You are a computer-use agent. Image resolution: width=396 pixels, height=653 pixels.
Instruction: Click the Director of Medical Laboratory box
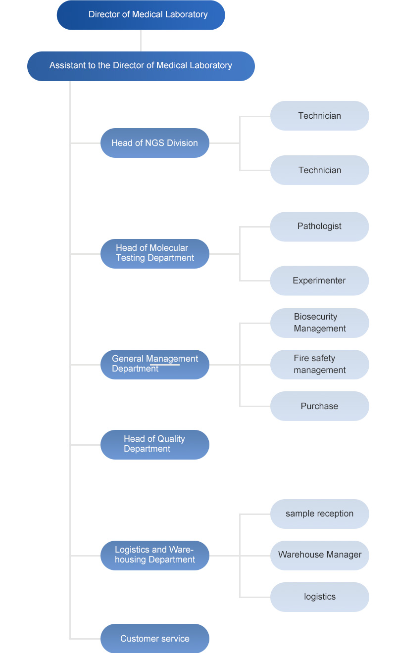coord(141,15)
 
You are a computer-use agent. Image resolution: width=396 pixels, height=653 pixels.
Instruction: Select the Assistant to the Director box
coord(141,66)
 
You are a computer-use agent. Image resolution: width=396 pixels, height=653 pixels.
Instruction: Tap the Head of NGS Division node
coord(155,143)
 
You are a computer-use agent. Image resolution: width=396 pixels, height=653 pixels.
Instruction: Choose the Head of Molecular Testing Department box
coord(155,254)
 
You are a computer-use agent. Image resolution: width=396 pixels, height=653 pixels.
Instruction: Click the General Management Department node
coord(155,365)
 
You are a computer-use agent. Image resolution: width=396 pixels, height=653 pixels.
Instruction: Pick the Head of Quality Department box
coord(155,445)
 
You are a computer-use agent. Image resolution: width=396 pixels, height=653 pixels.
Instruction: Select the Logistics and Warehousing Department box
coord(155,556)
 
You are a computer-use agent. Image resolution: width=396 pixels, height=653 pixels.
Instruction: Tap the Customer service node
coord(155,639)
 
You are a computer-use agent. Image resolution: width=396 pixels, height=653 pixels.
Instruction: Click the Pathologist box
coord(319,227)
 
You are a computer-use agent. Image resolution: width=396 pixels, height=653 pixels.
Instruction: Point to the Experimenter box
coord(319,280)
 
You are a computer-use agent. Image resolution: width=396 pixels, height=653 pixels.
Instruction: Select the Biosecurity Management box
coord(320,323)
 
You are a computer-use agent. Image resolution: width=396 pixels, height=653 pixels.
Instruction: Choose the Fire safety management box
coord(320,365)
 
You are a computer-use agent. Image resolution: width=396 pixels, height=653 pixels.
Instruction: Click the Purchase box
coord(320,406)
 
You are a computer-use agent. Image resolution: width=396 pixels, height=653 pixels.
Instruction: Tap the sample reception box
coord(320,514)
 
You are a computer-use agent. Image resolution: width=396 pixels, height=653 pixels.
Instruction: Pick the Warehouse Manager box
coord(320,556)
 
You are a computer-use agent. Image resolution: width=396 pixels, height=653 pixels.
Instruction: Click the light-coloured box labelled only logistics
coord(320,597)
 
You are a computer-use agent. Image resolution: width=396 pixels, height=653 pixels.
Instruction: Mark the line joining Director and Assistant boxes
coord(141,41)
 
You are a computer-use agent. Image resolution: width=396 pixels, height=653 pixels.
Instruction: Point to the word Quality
coord(170,439)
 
